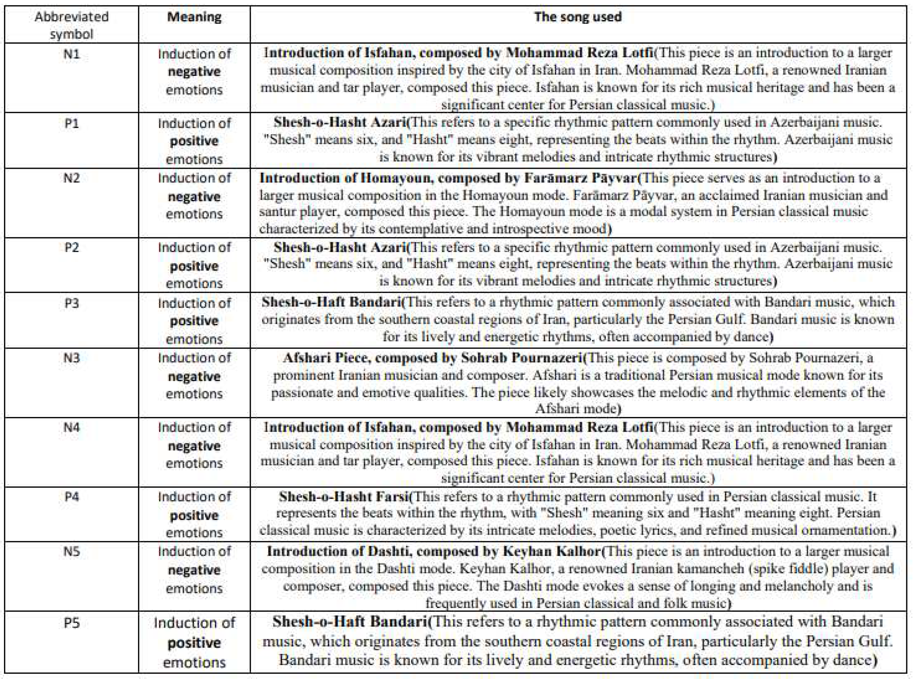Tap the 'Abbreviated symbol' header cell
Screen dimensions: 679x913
tap(72, 25)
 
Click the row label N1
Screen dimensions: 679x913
tap(72, 54)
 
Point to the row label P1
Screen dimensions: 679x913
tap(72, 123)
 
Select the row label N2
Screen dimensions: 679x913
tap(72, 178)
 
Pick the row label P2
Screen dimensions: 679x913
tap(72, 247)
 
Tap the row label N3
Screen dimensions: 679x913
tap(72, 358)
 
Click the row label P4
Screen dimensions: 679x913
tap(72, 497)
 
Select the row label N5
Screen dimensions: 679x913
tap(72, 551)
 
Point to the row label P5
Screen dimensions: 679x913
tap(72, 623)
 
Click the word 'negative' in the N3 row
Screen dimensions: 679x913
tap(194, 376)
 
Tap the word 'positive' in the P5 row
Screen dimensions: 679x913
tap(194, 642)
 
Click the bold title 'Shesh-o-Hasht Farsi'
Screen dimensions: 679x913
tap(344, 497)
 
